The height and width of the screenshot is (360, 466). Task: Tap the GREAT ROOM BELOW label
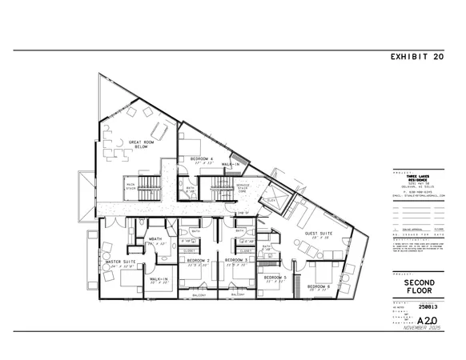point(141,145)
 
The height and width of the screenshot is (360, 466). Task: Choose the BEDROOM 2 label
point(198,261)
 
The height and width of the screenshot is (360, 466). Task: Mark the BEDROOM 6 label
point(318,286)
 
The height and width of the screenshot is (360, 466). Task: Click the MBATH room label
point(157,238)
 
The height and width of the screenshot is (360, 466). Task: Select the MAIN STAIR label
point(127,186)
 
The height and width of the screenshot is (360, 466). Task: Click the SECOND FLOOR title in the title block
point(419,286)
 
